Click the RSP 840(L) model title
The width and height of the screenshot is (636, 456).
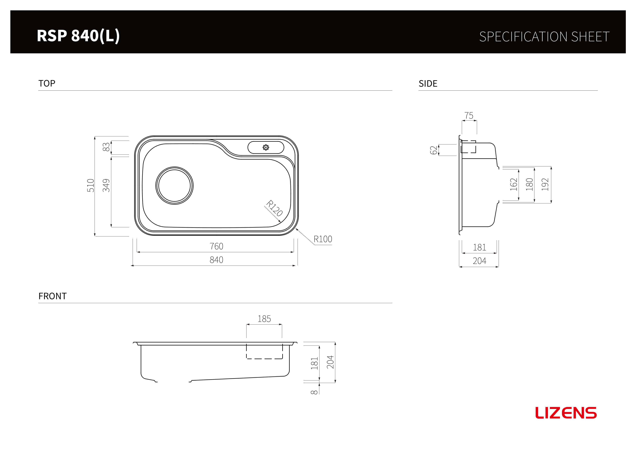click(x=78, y=36)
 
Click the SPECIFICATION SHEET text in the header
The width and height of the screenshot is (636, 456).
click(x=544, y=37)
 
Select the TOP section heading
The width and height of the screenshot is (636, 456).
click(x=47, y=83)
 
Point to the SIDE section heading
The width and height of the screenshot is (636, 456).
click(x=428, y=84)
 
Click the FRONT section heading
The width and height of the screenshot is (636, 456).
click(x=52, y=296)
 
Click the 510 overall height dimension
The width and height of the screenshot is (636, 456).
click(x=91, y=186)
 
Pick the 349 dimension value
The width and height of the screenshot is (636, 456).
click(x=106, y=186)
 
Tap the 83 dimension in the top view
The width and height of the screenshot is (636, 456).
click(x=106, y=147)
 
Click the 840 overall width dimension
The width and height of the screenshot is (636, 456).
click(x=217, y=260)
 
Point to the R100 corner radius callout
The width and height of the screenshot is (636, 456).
click(x=323, y=239)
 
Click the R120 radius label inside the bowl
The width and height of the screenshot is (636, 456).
click(x=274, y=208)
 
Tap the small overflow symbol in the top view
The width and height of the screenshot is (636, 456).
click(x=266, y=147)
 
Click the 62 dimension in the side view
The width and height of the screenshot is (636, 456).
click(x=434, y=150)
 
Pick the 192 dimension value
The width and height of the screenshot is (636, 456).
click(x=545, y=185)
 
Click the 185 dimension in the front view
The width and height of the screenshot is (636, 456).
click(x=264, y=319)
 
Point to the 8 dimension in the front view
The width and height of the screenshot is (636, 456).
click(x=314, y=392)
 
